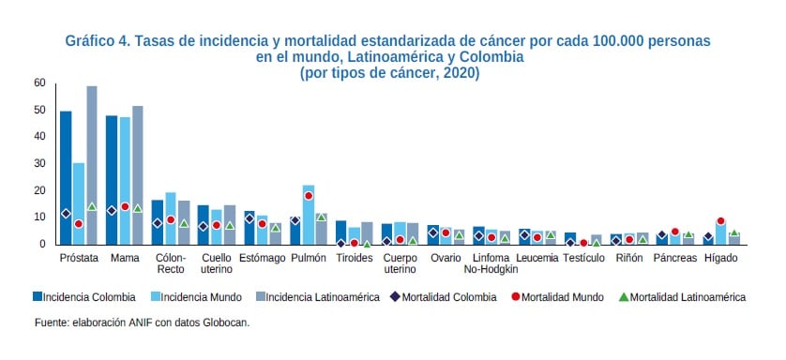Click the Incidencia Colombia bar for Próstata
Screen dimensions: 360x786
coord(66,178)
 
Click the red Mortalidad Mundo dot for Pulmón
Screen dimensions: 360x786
coord(309,196)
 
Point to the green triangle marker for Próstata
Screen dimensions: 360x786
coord(92,206)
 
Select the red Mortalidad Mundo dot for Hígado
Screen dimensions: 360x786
coord(721,221)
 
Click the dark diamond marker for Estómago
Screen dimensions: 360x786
coord(249,218)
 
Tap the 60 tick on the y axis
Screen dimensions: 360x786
coord(39,82)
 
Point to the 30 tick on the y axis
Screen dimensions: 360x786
coord(39,163)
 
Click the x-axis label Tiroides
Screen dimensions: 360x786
coord(354,258)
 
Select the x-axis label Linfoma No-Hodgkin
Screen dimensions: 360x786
coord(491,263)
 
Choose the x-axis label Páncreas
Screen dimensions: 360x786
coord(675,258)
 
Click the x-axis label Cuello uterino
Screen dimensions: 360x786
coord(217,263)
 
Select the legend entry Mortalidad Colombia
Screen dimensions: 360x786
coord(449,297)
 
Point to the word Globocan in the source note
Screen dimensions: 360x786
coord(224,323)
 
